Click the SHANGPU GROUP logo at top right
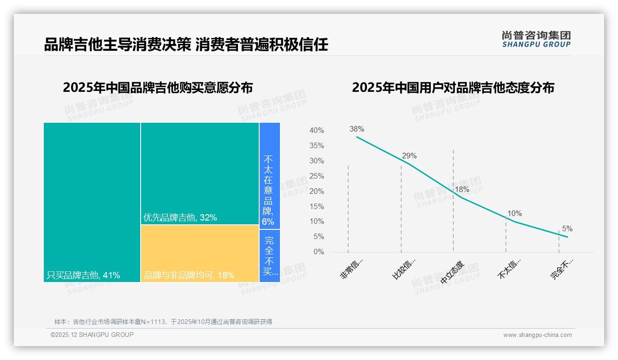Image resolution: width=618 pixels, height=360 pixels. (x=536, y=39)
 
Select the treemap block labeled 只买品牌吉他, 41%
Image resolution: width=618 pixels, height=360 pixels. (x=92, y=202)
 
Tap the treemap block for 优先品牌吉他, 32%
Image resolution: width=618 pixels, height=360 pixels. (x=200, y=174)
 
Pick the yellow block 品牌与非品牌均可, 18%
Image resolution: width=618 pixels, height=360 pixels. (x=200, y=253)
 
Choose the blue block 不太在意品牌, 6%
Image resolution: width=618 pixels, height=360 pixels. (x=269, y=176)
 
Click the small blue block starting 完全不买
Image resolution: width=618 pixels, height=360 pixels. (x=269, y=256)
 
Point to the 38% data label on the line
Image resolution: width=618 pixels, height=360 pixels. (x=357, y=129)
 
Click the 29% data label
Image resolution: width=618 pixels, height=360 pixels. (x=409, y=156)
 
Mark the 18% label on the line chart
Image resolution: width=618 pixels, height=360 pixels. (x=462, y=190)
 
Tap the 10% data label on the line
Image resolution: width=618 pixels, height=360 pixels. (x=514, y=214)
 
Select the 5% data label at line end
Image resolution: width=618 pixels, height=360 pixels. (x=567, y=229)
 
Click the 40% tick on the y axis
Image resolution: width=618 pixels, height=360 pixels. (x=316, y=131)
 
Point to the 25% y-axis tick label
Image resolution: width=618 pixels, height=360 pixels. (x=316, y=176)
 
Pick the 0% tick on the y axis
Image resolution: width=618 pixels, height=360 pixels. (x=319, y=252)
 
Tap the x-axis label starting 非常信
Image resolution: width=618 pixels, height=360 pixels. (x=352, y=270)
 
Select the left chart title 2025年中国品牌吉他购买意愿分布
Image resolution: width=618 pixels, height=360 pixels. (x=158, y=88)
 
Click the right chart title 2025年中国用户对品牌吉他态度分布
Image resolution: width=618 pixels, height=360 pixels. (x=453, y=88)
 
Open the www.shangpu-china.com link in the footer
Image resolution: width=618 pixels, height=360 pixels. (x=537, y=335)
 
